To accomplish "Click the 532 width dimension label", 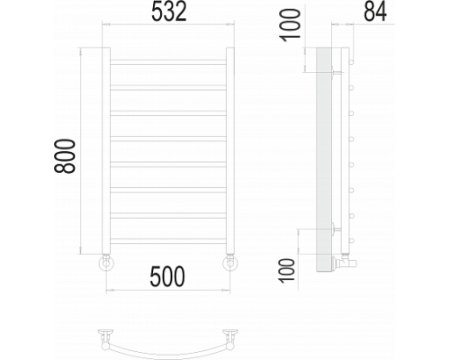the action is [169, 12].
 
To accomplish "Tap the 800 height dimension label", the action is [65, 156].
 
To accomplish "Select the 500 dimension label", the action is [167, 276].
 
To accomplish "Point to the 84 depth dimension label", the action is [375, 12].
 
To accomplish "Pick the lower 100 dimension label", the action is [287, 270].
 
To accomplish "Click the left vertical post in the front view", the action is [106, 150].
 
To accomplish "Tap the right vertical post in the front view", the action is [230, 150].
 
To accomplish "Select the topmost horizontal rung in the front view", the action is [168, 62].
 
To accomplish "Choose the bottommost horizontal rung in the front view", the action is [168, 241].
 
